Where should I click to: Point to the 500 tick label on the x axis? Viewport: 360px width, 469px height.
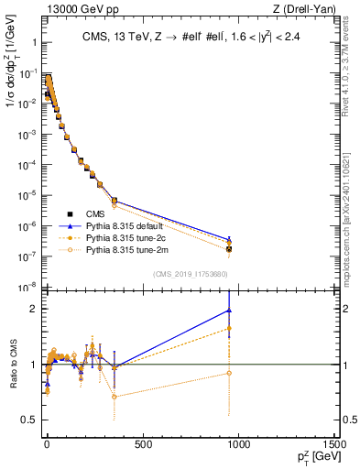(143, 445)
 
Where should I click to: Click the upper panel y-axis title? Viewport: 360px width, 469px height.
(12, 82)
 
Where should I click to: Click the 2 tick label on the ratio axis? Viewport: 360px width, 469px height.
(32, 309)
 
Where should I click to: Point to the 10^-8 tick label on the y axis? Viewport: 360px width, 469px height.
(26, 288)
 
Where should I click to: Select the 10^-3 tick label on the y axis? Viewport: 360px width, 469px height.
(26, 134)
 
